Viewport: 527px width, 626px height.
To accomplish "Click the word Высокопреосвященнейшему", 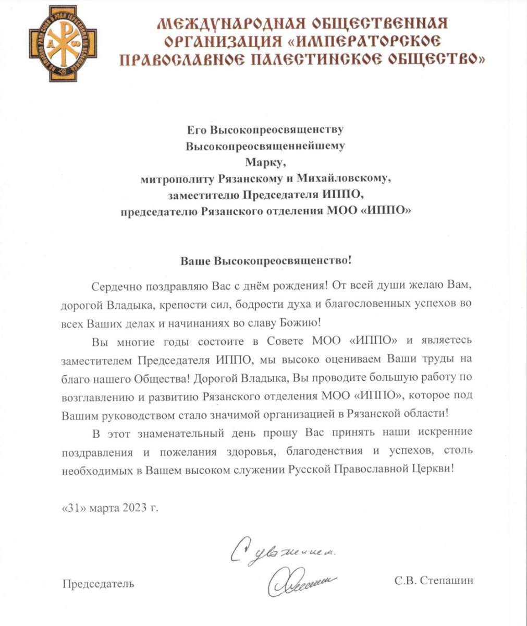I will coord(265,146).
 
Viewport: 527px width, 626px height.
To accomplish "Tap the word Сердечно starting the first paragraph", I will coord(116,286).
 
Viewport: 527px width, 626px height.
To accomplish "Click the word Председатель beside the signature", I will coord(99,583).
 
